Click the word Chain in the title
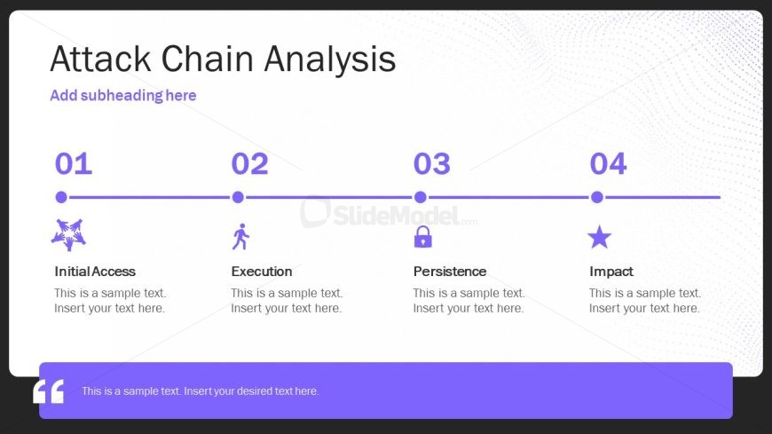coord(208,59)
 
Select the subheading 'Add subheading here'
coord(123,95)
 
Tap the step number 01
coord(74,163)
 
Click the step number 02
coord(249,163)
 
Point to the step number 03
coord(432,163)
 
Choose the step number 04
coord(608,163)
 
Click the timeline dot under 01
coord(61,197)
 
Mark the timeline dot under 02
coord(238,197)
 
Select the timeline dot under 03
coord(420,197)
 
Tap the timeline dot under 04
coord(596,197)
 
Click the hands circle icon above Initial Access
coord(68,234)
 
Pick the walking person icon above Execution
coord(240,236)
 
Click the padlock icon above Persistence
coord(423,236)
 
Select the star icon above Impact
coord(599,237)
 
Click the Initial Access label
coord(95,272)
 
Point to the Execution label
coord(262,272)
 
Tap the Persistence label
coord(450,272)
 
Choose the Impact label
coord(611,272)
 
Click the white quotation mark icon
coord(48,391)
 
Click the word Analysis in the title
coord(330,59)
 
